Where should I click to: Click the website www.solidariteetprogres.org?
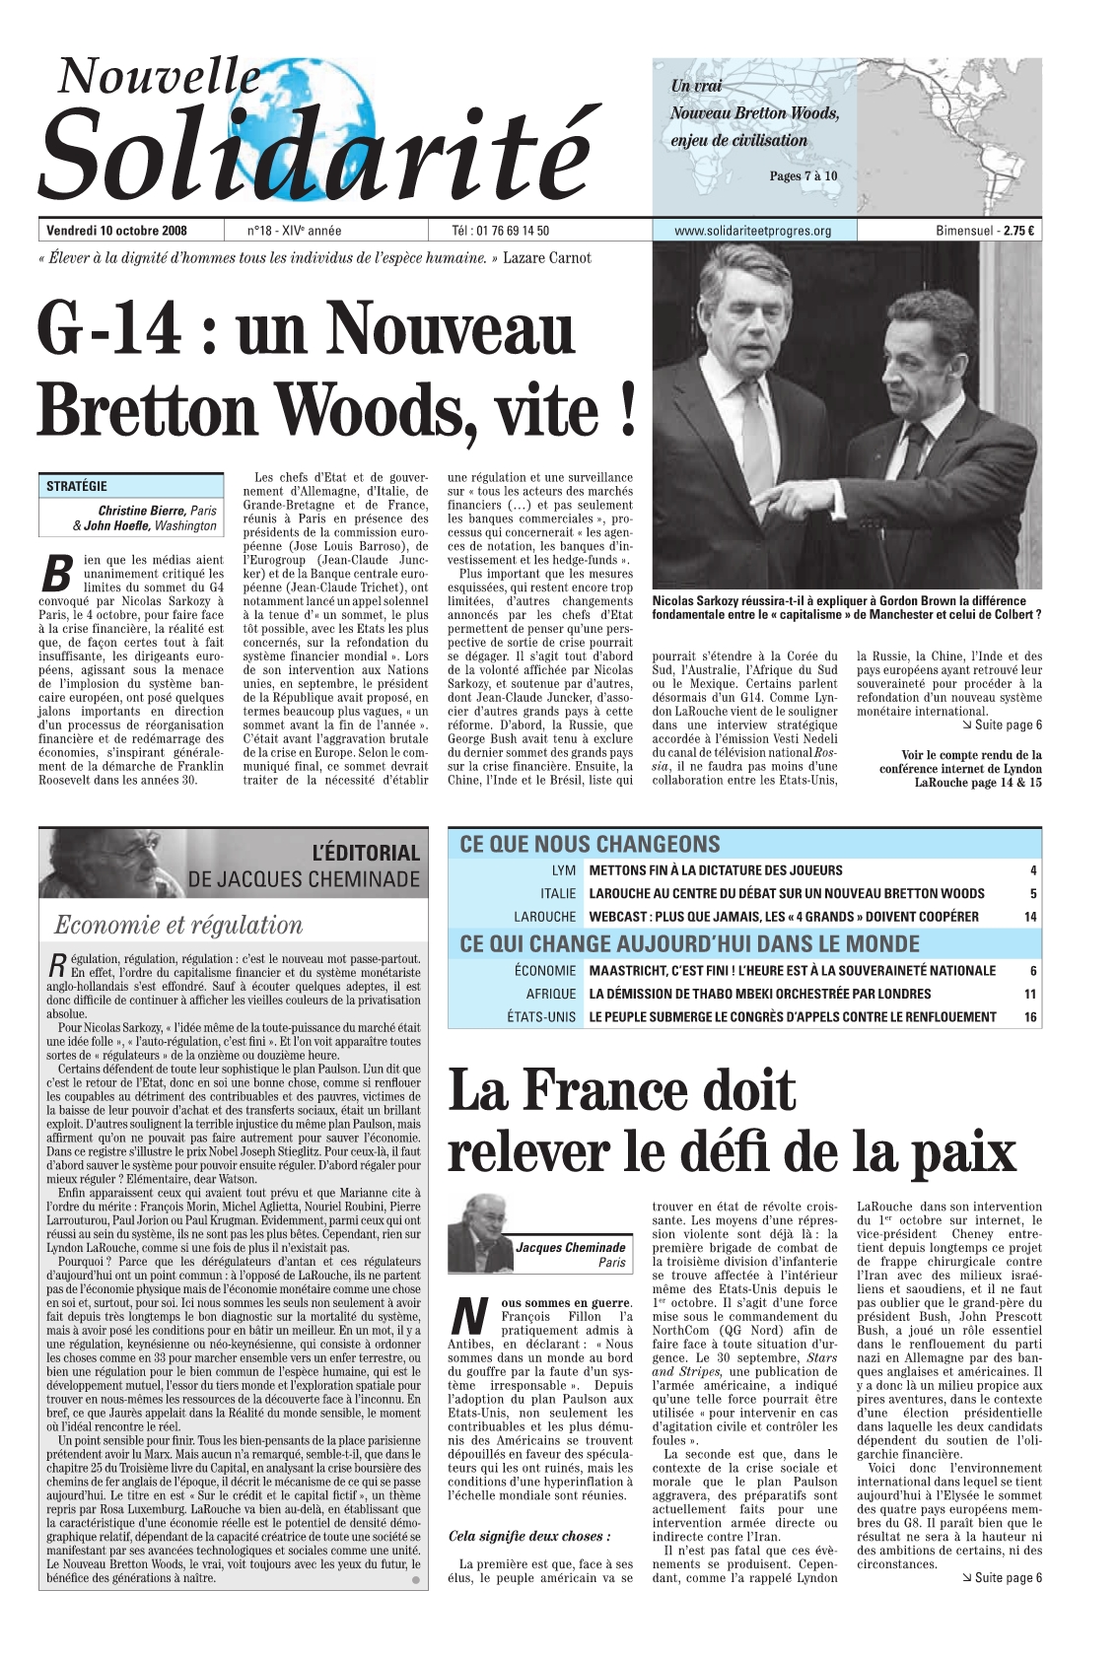(x=752, y=231)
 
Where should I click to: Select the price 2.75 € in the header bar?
(x=1018, y=231)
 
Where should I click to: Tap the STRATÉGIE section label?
(x=77, y=486)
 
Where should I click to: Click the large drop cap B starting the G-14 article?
(x=59, y=575)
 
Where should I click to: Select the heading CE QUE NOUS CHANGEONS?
(x=590, y=844)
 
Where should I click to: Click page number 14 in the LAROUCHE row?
(x=1030, y=917)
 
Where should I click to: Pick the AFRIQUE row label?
(x=551, y=994)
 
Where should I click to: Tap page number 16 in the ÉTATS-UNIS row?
(x=1030, y=1017)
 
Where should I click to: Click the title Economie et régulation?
(x=178, y=925)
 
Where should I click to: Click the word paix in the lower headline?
(x=961, y=1152)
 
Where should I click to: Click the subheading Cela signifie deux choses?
(x=529, y=1536)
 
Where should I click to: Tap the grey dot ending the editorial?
(x=416, y=1580)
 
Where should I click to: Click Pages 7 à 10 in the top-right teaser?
(x=803, y=176)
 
